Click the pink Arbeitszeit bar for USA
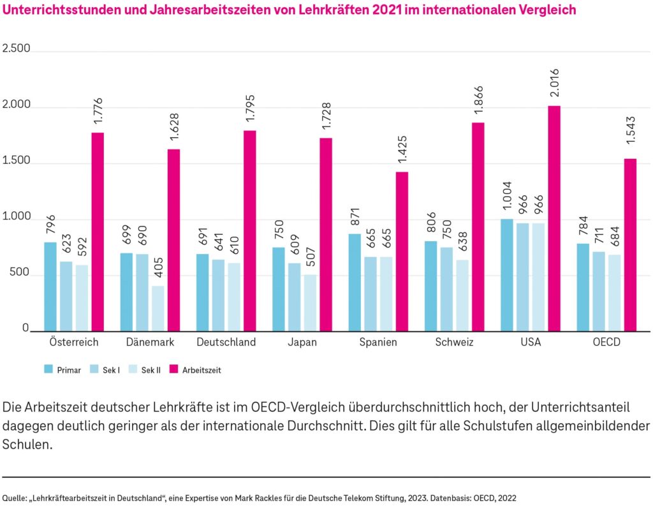tap(554, 219)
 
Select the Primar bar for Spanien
tap(355, 283)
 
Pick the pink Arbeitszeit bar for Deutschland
tap(249, 231)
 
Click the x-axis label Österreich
tap(73, 342)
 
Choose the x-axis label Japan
tap(302, 342)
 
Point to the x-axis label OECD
tap(606, 342)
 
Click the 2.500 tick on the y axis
tap(17, 49)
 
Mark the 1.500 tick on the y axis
tap(17, 161)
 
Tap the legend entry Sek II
tap(150, 369)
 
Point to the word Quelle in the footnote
tap(15, 496)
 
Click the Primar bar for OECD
tap(583, 287)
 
